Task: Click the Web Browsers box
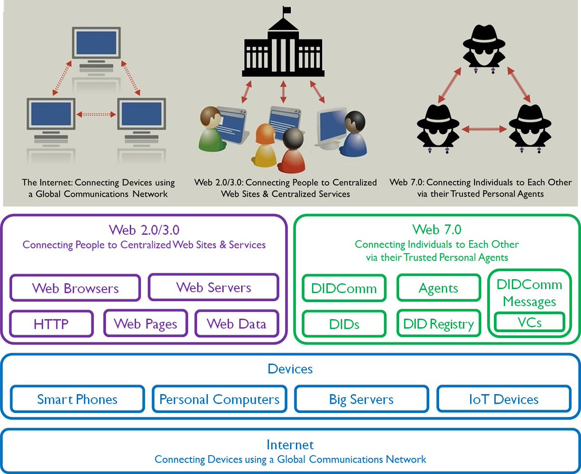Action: [75, 288]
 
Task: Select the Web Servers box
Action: [214, 287]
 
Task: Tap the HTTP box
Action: [51, 323]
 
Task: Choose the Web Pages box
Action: [146, 323]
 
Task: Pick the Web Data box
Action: [237, 323]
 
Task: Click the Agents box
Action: [439, 288]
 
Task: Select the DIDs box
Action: [344, 324]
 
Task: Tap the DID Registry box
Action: [439, 323]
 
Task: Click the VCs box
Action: [530, 322]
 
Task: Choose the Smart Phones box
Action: [77, 399]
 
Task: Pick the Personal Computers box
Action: [219, 399]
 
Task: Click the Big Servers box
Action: [362, 399]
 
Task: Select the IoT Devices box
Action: [504, 399]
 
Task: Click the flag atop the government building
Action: [287, 10]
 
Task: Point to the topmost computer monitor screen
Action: [96, 43]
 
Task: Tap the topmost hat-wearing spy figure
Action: [484, 47]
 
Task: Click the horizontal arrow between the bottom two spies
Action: [484, 129]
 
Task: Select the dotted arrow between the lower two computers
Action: [96, 114]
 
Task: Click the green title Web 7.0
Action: [437, 229]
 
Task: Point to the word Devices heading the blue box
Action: [290, 369]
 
